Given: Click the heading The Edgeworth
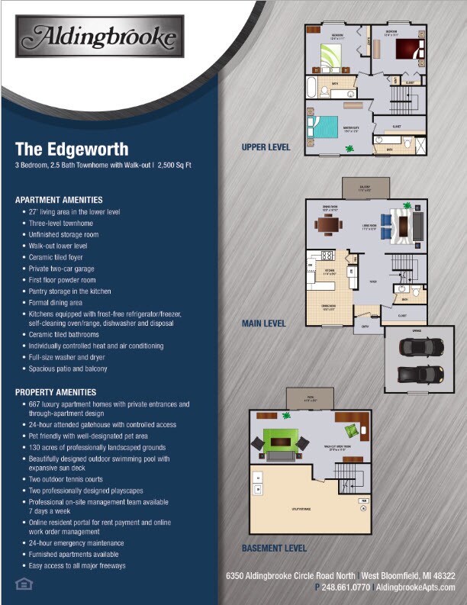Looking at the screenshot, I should click(72, 148).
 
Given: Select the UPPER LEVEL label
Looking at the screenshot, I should click(266, 147).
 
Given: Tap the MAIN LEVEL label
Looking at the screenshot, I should click(263, 323).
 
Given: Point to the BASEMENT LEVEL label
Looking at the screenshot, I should click(274, 548).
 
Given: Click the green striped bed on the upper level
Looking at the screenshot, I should click(334, 56).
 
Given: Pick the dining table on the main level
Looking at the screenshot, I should click(330, 225).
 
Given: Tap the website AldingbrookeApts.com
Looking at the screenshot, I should click(416, 587).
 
